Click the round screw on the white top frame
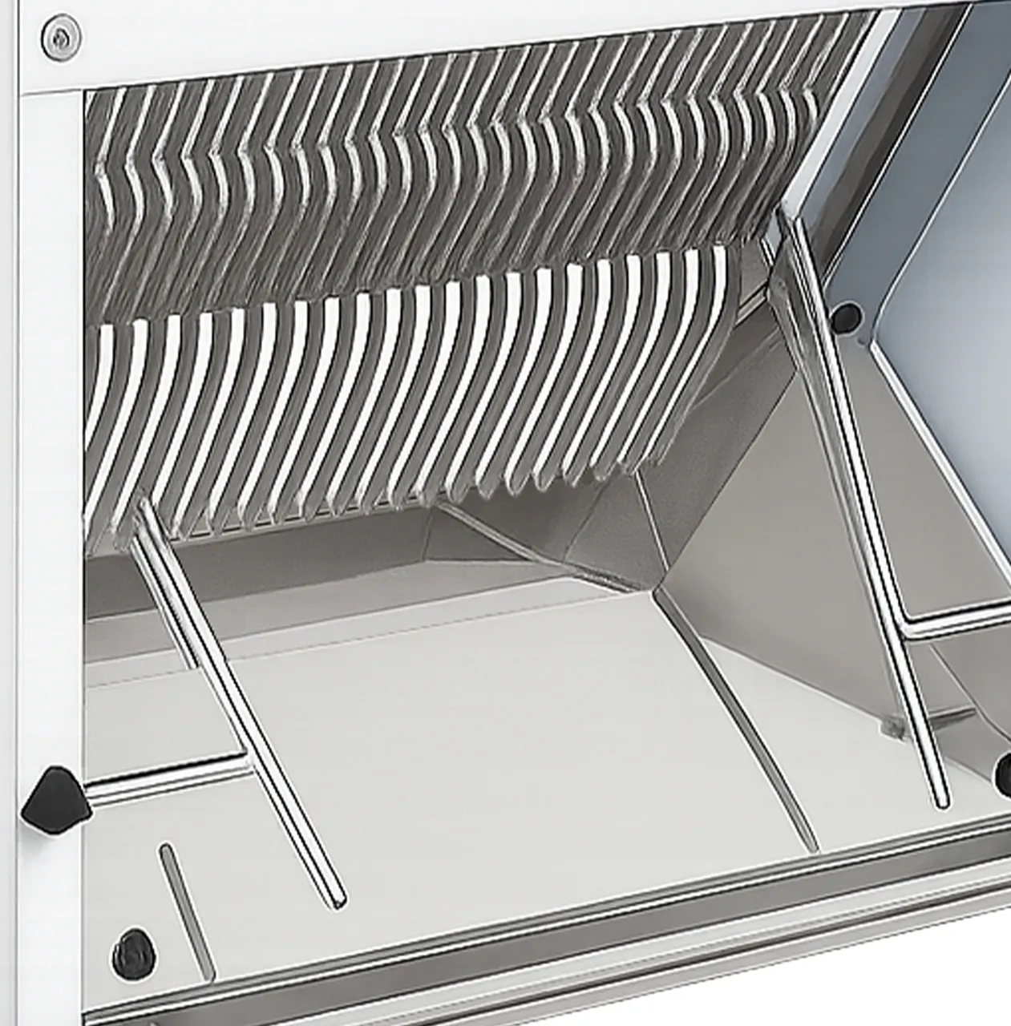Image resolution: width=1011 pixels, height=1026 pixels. pos(60,36)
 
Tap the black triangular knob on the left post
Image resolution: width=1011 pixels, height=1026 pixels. pos(53,798)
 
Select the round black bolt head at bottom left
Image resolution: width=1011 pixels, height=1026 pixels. pos(133,953)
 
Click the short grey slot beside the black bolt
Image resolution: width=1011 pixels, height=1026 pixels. pos(185,909)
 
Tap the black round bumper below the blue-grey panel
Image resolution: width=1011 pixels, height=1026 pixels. pos(845,317)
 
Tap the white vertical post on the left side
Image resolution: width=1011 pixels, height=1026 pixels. pos(48,481)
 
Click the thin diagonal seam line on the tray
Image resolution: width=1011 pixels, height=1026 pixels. pos(738,721)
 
